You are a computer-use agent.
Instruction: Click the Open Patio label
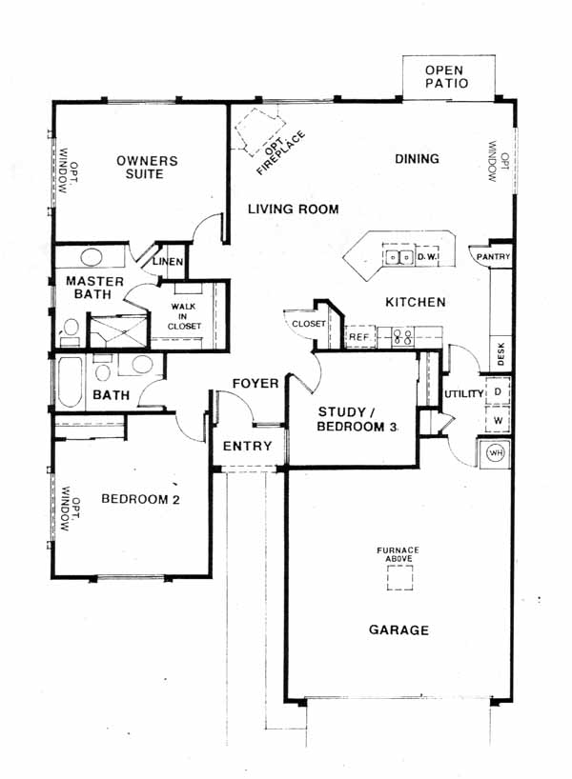pos(446,77)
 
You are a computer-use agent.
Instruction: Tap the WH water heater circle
pos(496,453)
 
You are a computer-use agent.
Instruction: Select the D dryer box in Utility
pos(497,391)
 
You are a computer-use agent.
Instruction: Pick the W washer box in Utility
pos(497,420)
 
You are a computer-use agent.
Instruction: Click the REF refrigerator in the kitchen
pos(359,337)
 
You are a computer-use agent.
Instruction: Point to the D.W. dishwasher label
pos(427,257)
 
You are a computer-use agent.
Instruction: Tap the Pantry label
pos(493,256)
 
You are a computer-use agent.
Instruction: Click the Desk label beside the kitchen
pos(500,353)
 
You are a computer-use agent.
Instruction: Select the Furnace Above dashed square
pos(399,577)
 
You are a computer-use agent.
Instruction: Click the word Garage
pos(398,629)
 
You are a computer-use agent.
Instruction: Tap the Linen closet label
pos(168,261)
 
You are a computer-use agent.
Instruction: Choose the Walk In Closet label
pos(184,316)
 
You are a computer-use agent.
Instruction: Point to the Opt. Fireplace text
pos(280,151)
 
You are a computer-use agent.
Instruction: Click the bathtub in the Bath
pos(70,382)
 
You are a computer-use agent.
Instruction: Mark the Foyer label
pos(255,383)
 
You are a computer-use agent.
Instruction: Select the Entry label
pos(247,446)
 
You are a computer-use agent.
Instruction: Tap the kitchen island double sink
pos(398,257)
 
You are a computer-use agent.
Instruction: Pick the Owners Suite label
pos(146,168)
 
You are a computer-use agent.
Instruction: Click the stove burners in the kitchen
pos(402,337)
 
